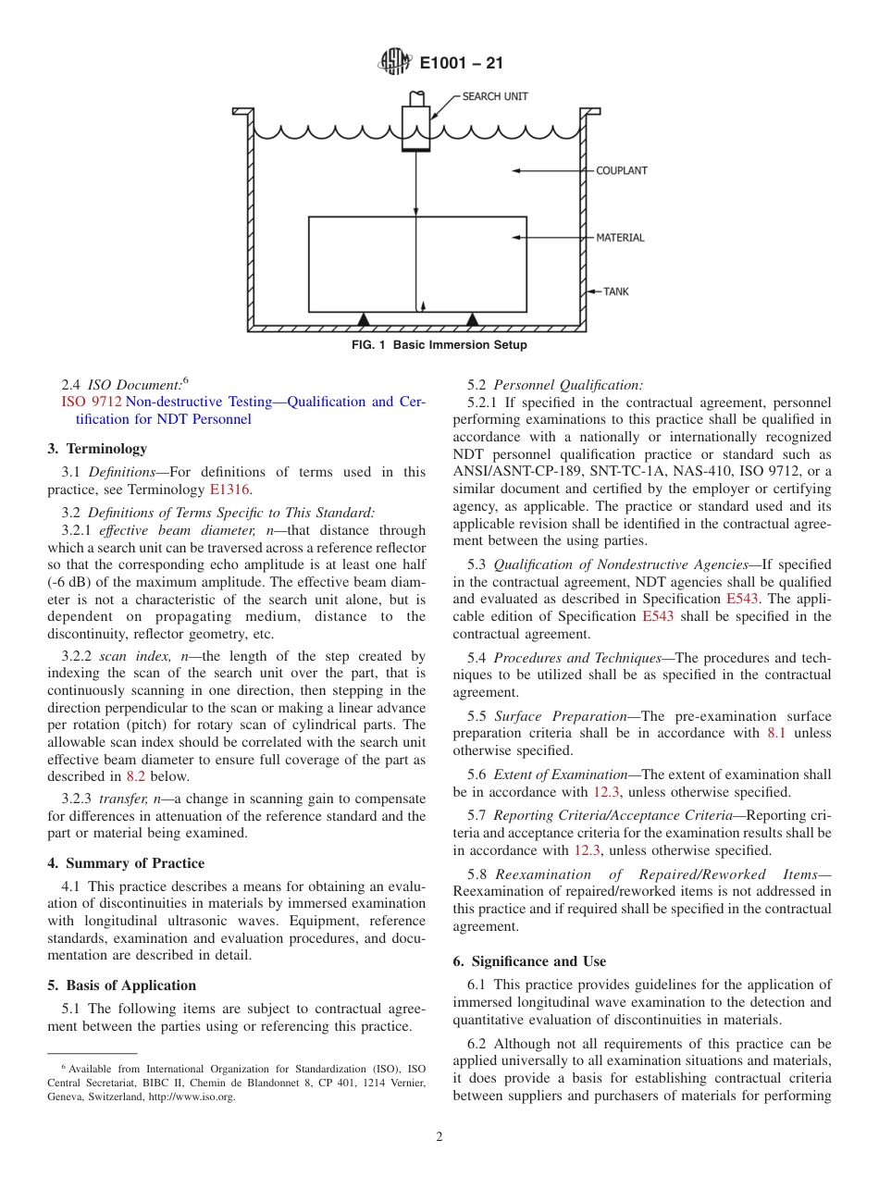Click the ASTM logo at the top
click(395, 64)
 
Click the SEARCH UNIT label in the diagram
click(496, 96)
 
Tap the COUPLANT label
click(621, 171)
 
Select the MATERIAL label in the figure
click(620, 238)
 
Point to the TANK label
click(615, 291)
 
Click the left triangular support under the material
click(364, 318)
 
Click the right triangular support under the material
click(473, 318)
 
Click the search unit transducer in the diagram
click(415, 127)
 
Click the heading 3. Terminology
click(97, 449)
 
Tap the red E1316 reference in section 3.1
click(229, 489)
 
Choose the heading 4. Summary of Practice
click(126, 863)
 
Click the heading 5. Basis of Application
click(121, 985)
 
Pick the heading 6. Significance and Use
click(529, 961)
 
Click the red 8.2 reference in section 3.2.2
click(135, 776)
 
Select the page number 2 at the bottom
click(439, 1137)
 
